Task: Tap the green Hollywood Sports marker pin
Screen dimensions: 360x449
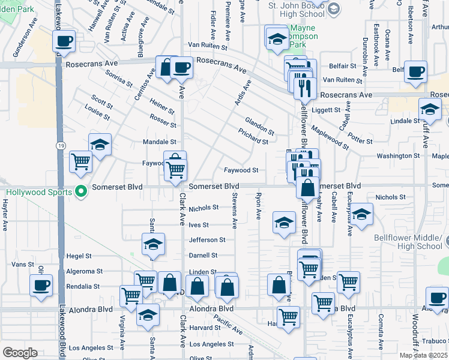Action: click(82, 192)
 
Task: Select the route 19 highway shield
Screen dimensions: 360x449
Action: click(61, 146)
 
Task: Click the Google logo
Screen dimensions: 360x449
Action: click(20, 353)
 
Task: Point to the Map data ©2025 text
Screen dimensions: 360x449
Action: click(423, 355)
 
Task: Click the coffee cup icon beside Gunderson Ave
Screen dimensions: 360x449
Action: click(64, 41)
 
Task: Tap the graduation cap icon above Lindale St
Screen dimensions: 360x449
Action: click(430, 109)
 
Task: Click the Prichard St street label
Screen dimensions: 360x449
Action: click(253, 136)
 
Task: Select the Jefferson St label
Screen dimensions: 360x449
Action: click(207, 240)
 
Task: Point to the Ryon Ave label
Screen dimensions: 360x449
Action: click(259, 205)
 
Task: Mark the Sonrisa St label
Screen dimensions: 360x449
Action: click(118, 79)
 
